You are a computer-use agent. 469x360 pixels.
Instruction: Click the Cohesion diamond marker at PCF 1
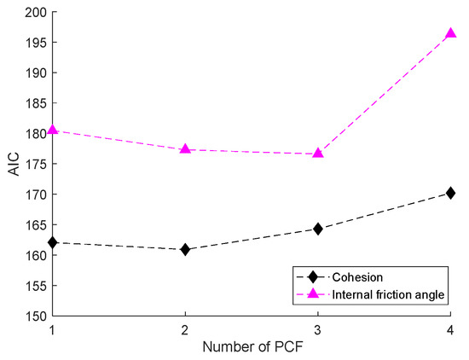tap(53, 242)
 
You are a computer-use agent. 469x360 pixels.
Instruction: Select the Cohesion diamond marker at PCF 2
tap(185, 249)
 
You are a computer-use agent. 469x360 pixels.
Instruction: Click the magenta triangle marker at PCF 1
tap(53, 130)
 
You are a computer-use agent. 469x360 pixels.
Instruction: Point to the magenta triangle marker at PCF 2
tap(185, 149)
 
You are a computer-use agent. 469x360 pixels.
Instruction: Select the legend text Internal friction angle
tap(389, 294)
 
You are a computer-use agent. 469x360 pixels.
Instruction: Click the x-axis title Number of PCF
tap(252, 347)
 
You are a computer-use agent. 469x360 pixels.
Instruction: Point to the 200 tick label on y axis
tap(34, 13)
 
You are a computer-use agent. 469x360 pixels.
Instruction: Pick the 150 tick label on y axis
tap(34, 316)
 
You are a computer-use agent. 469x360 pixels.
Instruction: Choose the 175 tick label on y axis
tap(34, 165)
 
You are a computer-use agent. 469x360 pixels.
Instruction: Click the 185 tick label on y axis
tap(34, 104)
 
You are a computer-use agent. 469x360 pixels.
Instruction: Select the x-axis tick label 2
tap(185, 328)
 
